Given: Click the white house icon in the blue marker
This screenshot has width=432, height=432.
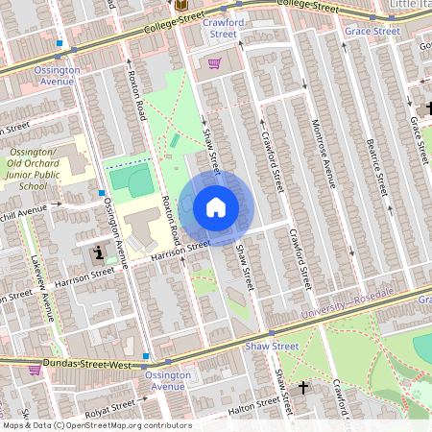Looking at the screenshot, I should [216, 207].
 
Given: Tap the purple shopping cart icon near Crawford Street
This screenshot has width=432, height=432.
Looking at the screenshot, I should [215, 63].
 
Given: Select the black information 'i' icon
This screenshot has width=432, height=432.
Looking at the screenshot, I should [98, 253].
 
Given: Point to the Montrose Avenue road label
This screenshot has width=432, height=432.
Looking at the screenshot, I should [328, 158].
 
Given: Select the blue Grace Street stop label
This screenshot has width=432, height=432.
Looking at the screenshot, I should [372, 31].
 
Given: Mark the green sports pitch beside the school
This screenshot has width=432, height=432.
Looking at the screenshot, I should [130, 180].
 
